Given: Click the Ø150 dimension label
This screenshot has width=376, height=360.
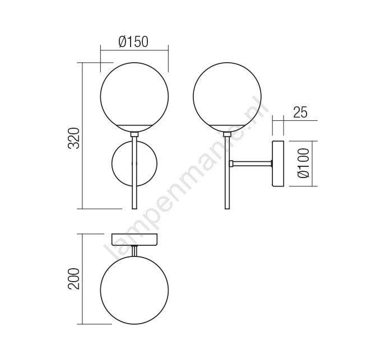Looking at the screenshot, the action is coord(133,41).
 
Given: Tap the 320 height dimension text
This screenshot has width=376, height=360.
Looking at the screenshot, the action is coord(73,138).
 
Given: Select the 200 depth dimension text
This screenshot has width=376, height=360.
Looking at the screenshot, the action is coord(73,279).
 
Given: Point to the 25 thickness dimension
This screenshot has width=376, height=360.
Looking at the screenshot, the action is coord(300,112).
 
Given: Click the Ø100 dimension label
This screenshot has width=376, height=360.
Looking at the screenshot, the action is coord(303,163).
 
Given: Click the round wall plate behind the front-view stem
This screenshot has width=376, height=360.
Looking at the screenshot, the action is coord(112,164).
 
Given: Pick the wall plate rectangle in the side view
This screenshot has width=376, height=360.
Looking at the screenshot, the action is coord(278,164).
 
